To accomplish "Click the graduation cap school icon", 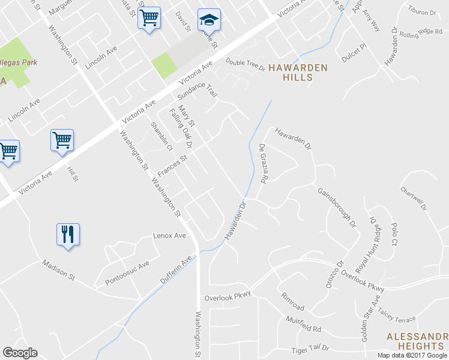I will coord(209,20).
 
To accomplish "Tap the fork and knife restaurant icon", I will coord(68,233).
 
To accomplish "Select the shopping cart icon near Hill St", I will coord(62,140).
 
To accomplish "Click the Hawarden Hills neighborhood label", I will coord(298,73).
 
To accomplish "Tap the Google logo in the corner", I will coord(20,353).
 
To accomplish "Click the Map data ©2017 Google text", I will coord(412,355).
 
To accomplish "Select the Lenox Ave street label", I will coord(170,236).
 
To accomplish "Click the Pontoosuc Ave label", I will coord(127,273).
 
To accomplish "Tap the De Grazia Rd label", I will coord(262,163).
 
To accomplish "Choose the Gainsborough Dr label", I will coord(336,207).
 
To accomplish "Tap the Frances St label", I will coord(172,166).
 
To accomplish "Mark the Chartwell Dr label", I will coord(415,197).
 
